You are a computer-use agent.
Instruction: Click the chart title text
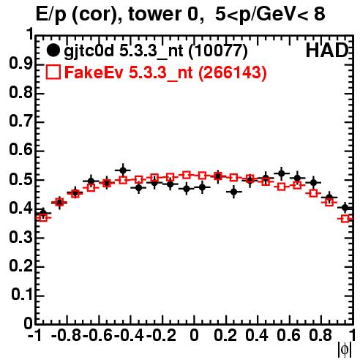click(x=180, y=15)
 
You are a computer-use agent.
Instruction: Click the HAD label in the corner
click(x=327, y=50)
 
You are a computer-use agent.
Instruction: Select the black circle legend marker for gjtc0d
click(x=53, y=50)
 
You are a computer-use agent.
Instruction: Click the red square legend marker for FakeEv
click(x=53, y=72)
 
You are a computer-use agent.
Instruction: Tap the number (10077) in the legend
click(x=218, y=50)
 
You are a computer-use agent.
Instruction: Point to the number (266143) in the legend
click(x=232, y=72)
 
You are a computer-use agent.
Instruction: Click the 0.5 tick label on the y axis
click(x=21, y=180)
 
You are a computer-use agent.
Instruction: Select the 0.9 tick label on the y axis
click(x=21, y=64)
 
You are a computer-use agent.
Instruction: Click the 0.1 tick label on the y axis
click(x=22, y=295)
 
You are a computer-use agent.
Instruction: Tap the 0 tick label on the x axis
click(x=194, y=335)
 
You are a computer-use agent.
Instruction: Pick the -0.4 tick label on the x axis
click(x=129, y=335)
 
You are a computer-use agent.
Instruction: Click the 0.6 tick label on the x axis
click(x=288, y=335)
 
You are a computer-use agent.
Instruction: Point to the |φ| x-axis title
click(x=345, y=350)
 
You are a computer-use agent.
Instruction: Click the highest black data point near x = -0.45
click(x=123, y=170)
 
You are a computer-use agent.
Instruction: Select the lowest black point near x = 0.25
click(x=233, y=192)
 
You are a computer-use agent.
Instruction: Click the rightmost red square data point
click(x=345, y=219)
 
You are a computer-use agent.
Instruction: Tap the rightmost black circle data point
click(x=345, y=208)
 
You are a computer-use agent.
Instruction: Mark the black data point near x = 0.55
click(x=282, y=173)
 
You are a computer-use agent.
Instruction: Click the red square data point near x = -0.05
click(x=187, y=175)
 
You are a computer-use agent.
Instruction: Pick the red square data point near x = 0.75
click(x=313, y=193)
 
